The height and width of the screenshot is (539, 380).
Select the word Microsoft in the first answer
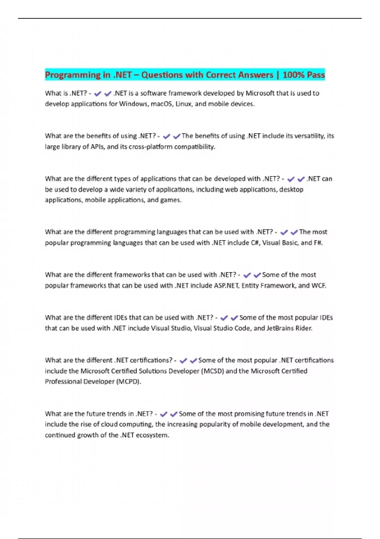[x=260, y=93]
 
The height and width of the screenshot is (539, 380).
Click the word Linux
[x=184, y=104]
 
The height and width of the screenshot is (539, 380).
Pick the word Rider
[x=304, y=328]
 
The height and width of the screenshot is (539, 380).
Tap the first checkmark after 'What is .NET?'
[x=98, y=94]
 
